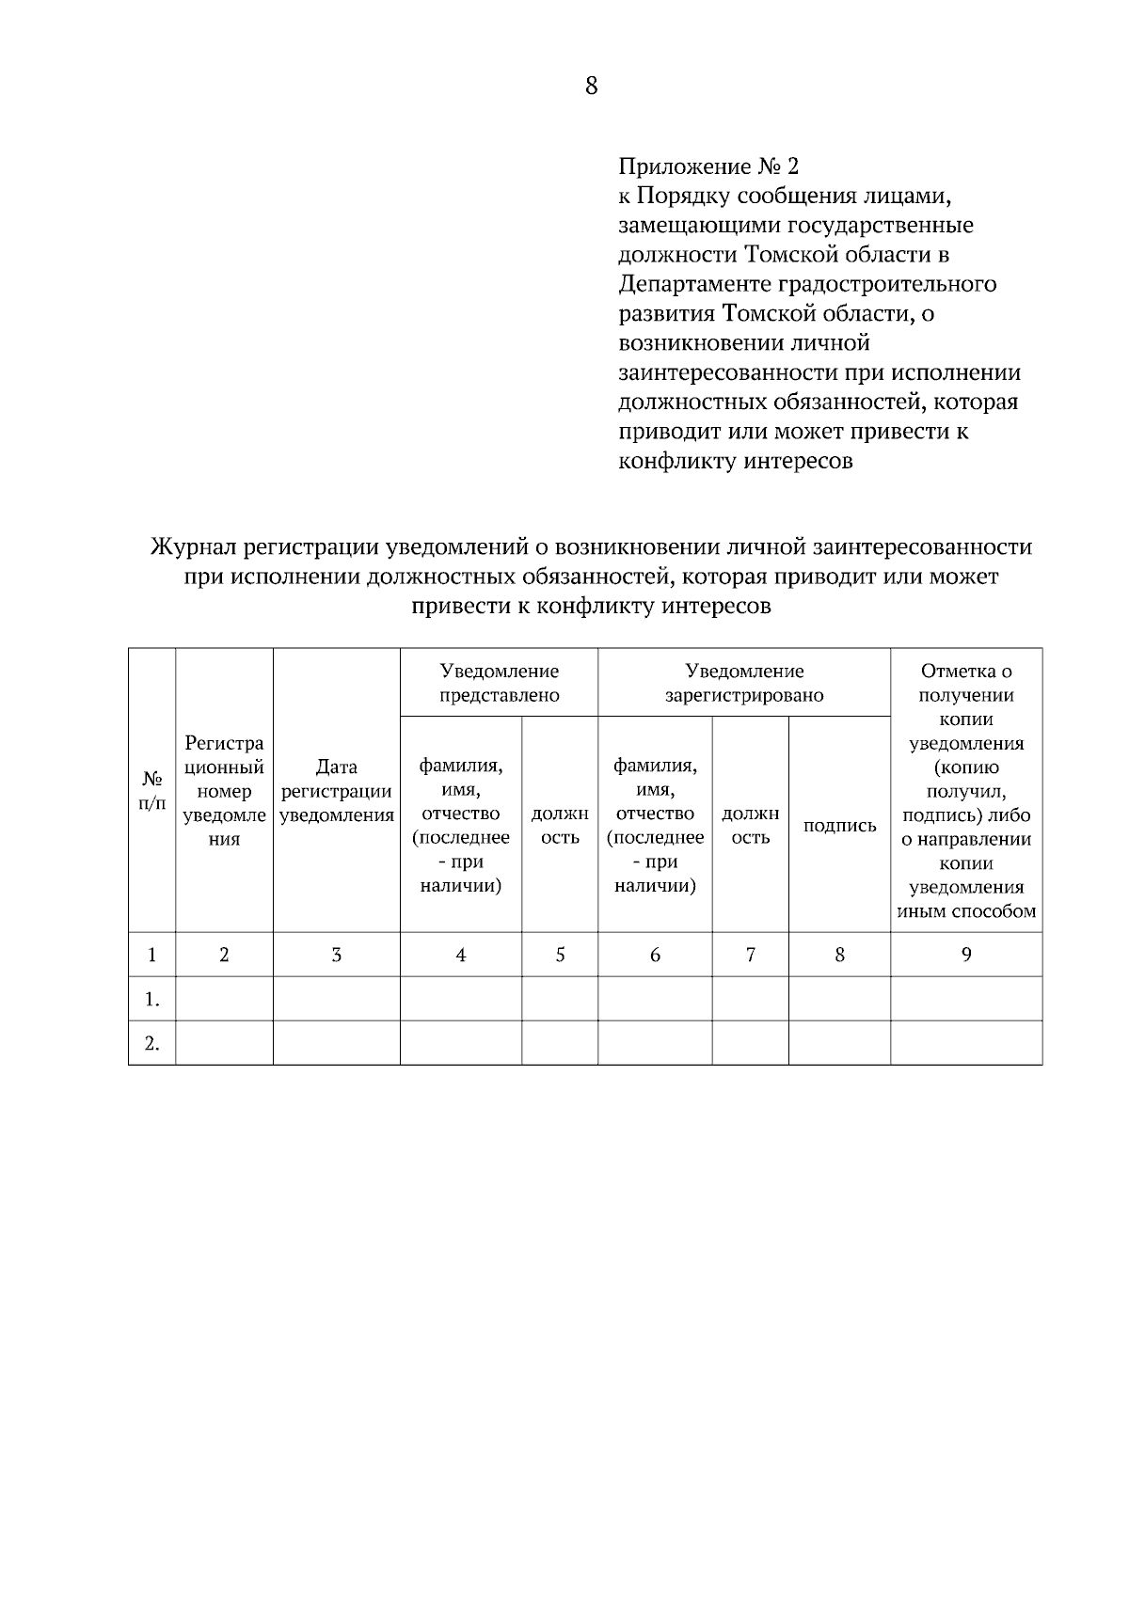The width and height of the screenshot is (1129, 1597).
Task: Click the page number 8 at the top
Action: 591,87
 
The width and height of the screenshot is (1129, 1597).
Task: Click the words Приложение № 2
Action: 708,167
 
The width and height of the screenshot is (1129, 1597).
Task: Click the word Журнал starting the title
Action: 193,547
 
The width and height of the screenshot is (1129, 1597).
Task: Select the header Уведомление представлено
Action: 499,683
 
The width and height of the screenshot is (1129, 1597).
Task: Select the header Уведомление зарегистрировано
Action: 744,683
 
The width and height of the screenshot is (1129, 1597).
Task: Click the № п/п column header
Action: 151,791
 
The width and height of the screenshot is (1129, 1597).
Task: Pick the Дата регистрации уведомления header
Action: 337,791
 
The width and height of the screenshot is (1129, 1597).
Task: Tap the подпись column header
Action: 839,826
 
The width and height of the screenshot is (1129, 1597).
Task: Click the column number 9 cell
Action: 966,955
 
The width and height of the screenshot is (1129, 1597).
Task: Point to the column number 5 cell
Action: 560,955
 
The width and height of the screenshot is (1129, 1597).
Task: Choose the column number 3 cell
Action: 337,955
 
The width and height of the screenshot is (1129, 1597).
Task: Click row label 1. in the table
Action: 151,999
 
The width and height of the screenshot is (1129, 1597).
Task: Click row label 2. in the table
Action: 151,1043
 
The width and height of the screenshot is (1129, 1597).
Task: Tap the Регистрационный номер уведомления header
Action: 224,791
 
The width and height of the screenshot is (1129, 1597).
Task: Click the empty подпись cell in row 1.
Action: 839,999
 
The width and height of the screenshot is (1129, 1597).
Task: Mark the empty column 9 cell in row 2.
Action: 966,1043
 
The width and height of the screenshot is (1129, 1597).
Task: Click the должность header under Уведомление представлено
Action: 560,825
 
